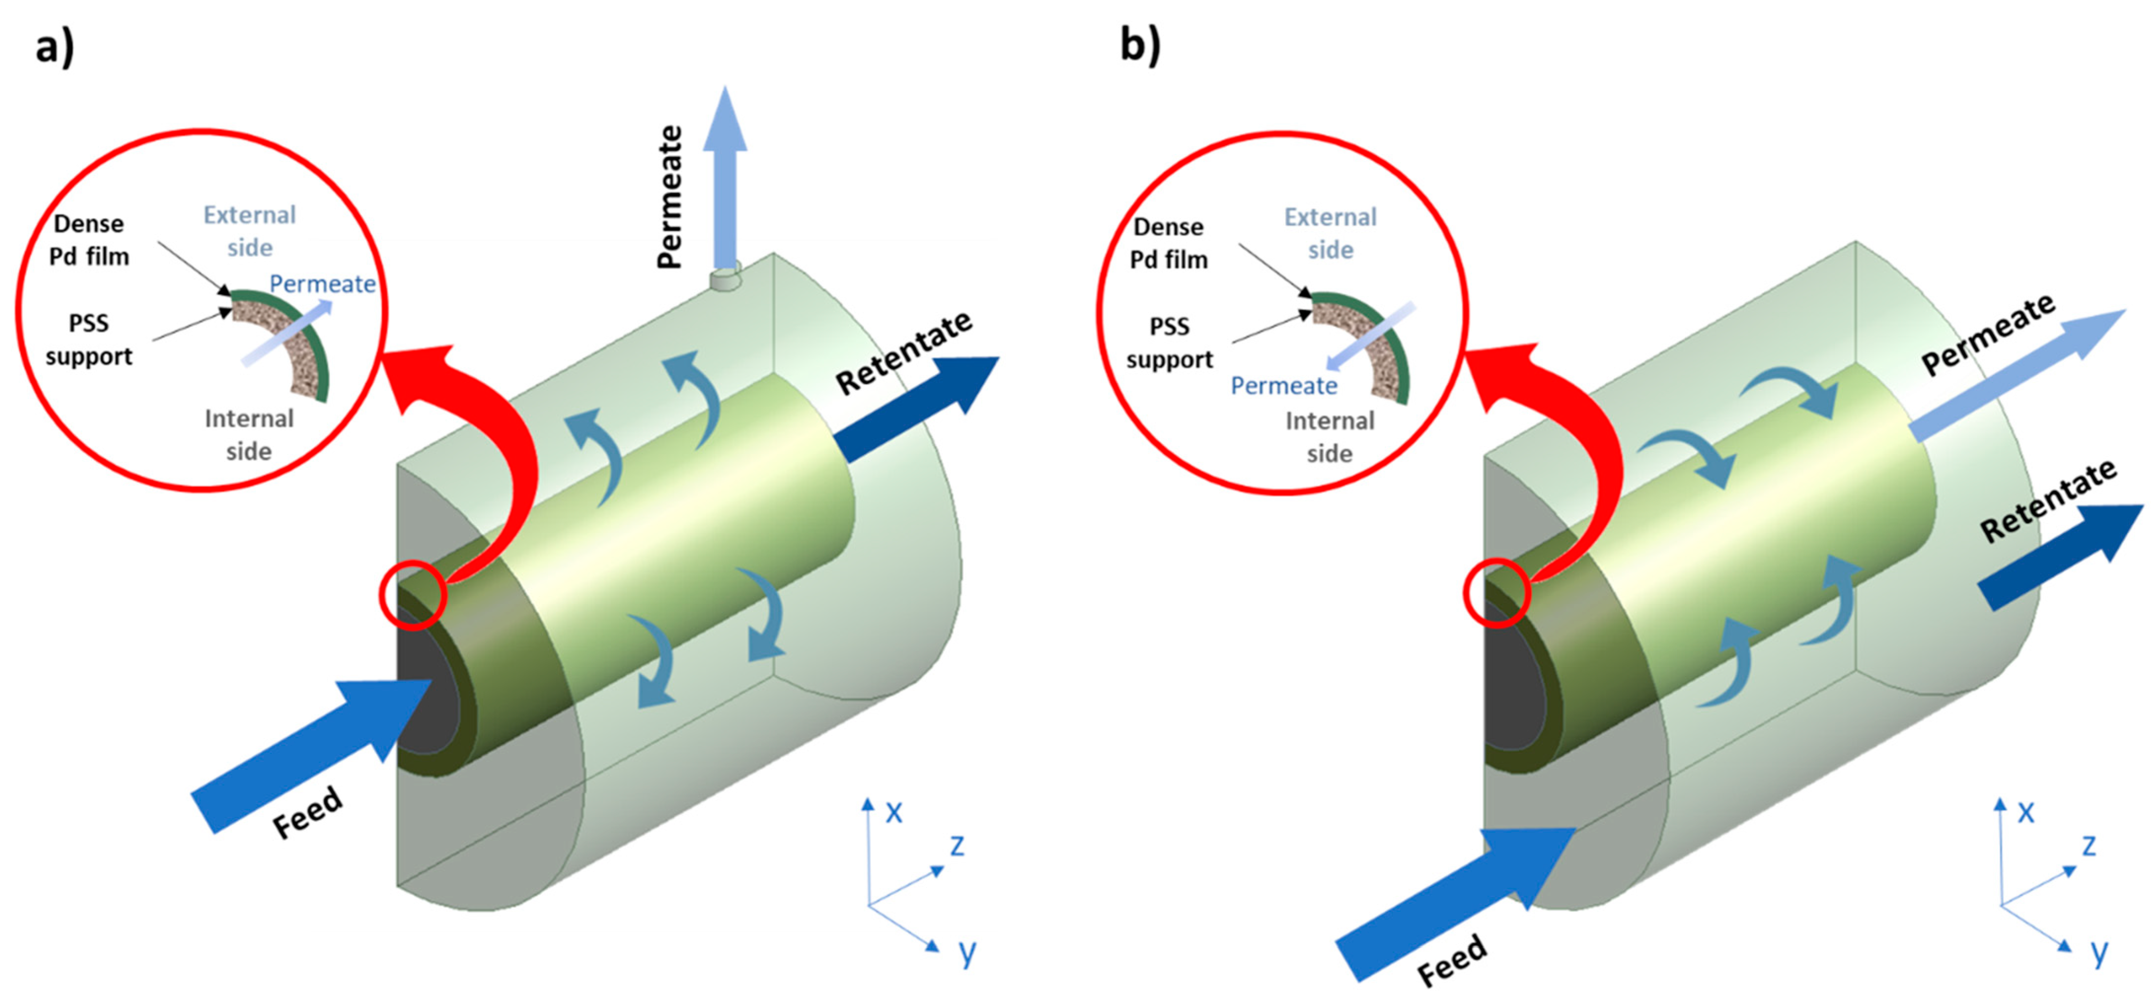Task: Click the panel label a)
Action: (x=54, y=46)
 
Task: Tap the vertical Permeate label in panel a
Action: (x=670, y=197)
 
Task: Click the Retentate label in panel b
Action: (x=2048, y=501)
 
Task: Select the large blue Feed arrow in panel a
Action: (x=310, y=753)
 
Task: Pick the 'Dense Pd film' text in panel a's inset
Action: (x=89, y=240)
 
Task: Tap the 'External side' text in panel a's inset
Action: (x=249, y=231)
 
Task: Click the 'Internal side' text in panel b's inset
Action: (x=1330, y=437)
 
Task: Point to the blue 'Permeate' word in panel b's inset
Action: (x=1284, y=386)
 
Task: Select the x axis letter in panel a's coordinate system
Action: (x=894, y=812)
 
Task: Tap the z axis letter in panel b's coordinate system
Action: (x=2088, y=845)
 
